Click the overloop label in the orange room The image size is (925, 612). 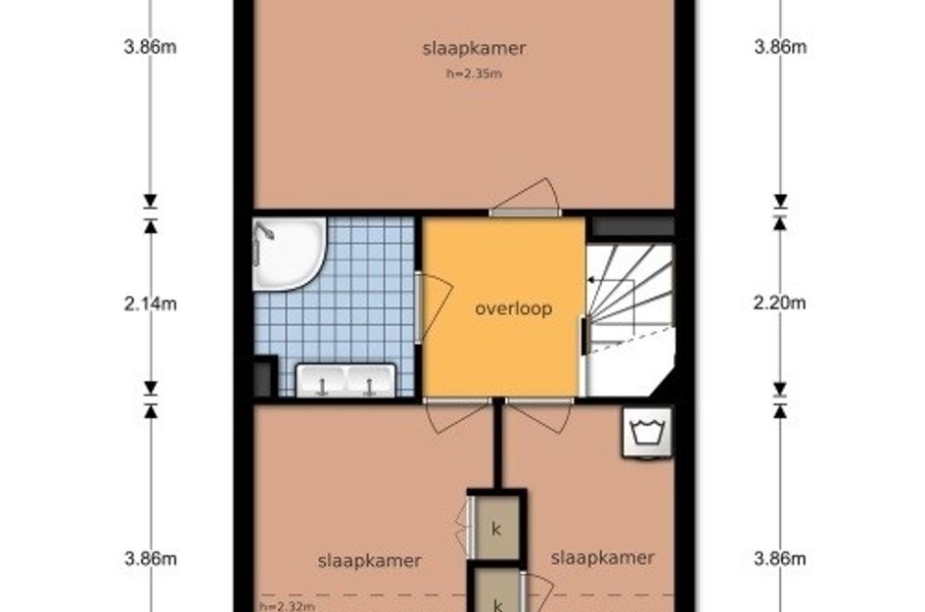(513, 308)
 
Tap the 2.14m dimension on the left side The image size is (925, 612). (151, 304)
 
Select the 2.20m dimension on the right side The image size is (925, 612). (779, 303)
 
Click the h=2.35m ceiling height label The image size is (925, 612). (474, 73)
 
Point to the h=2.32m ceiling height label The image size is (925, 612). (287, 606)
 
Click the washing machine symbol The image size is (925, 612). (648, 433)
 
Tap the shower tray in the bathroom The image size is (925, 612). (289, 254)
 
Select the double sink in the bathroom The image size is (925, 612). (346, 381)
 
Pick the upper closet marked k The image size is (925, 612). (496, 528)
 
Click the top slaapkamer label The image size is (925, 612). (474, 48)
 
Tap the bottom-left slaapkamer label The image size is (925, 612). (369, 561)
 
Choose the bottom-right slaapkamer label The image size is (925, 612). (602, 558)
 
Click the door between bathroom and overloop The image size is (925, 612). (435, 306)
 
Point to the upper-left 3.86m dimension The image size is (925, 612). (151, 47)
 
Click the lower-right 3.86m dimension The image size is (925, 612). (780, 558)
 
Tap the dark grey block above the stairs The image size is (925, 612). (633, 226)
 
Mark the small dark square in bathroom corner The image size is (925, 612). (262, 378)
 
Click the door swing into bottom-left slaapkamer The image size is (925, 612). (458, 417)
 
